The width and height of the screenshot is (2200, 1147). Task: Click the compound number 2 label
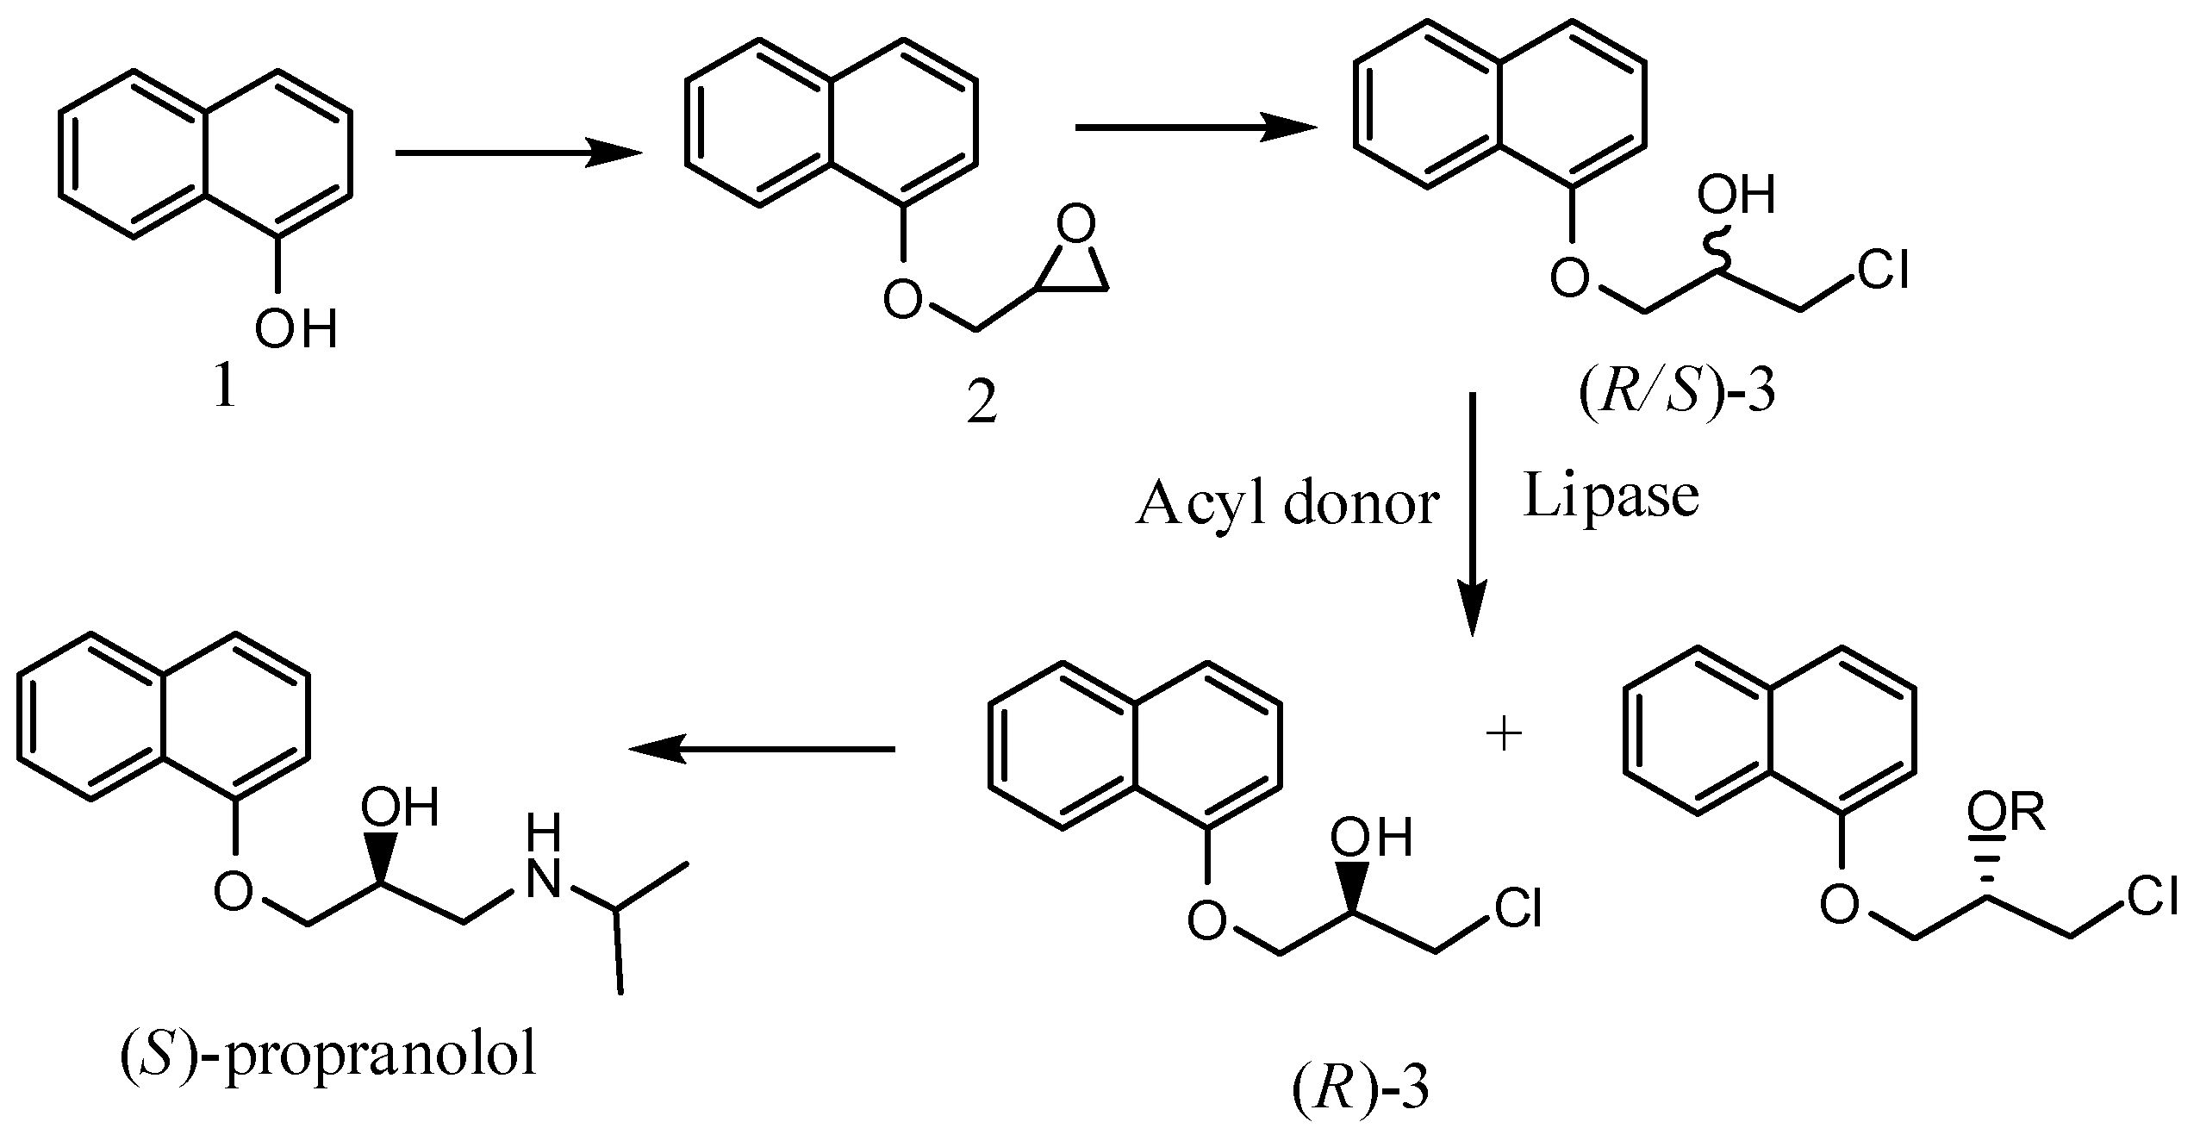click(x=982, y=402)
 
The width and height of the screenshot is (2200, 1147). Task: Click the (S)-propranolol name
click(x=327, y=1057)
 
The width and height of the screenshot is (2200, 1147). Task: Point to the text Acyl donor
click(x=1287, y=504)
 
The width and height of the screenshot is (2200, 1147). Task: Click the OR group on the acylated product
click(x=2005, y=814)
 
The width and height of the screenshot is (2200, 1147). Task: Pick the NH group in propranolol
click(x=545, y=863)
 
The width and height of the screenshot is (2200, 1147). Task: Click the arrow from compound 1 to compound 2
click(x=518, y=153)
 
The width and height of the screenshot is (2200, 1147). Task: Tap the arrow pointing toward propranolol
click(x=762, y=749)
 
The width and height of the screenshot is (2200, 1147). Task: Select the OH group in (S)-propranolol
click(x=399, y=807)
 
